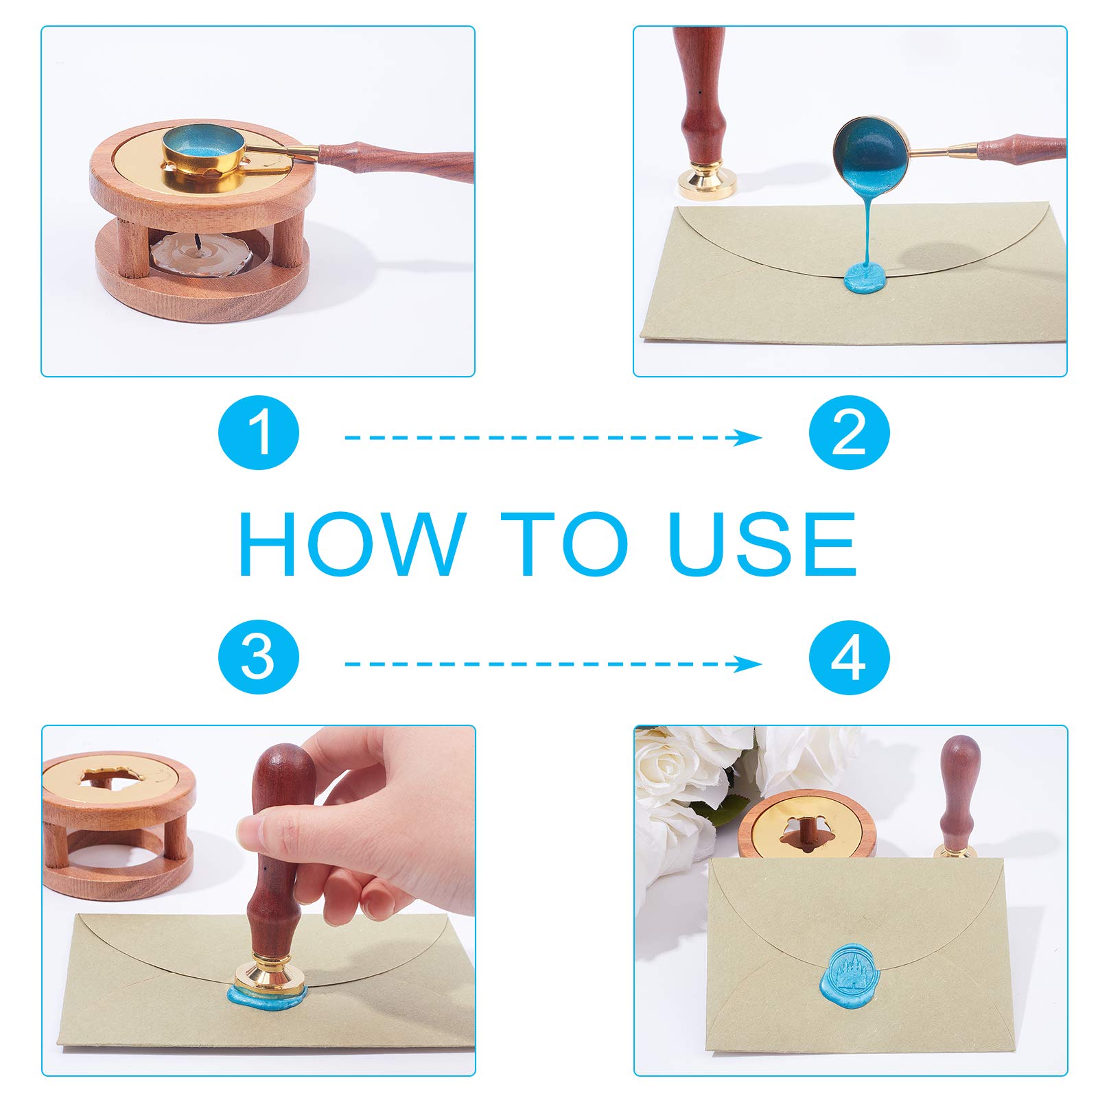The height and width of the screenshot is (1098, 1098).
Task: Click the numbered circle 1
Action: click(259, 434)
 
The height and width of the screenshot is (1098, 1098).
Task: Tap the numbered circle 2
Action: click(849, 434)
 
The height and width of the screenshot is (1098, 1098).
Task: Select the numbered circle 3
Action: click(259, 657)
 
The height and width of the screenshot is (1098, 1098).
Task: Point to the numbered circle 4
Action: click(849, 657)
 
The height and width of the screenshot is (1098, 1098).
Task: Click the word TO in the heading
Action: click(564, 544)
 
